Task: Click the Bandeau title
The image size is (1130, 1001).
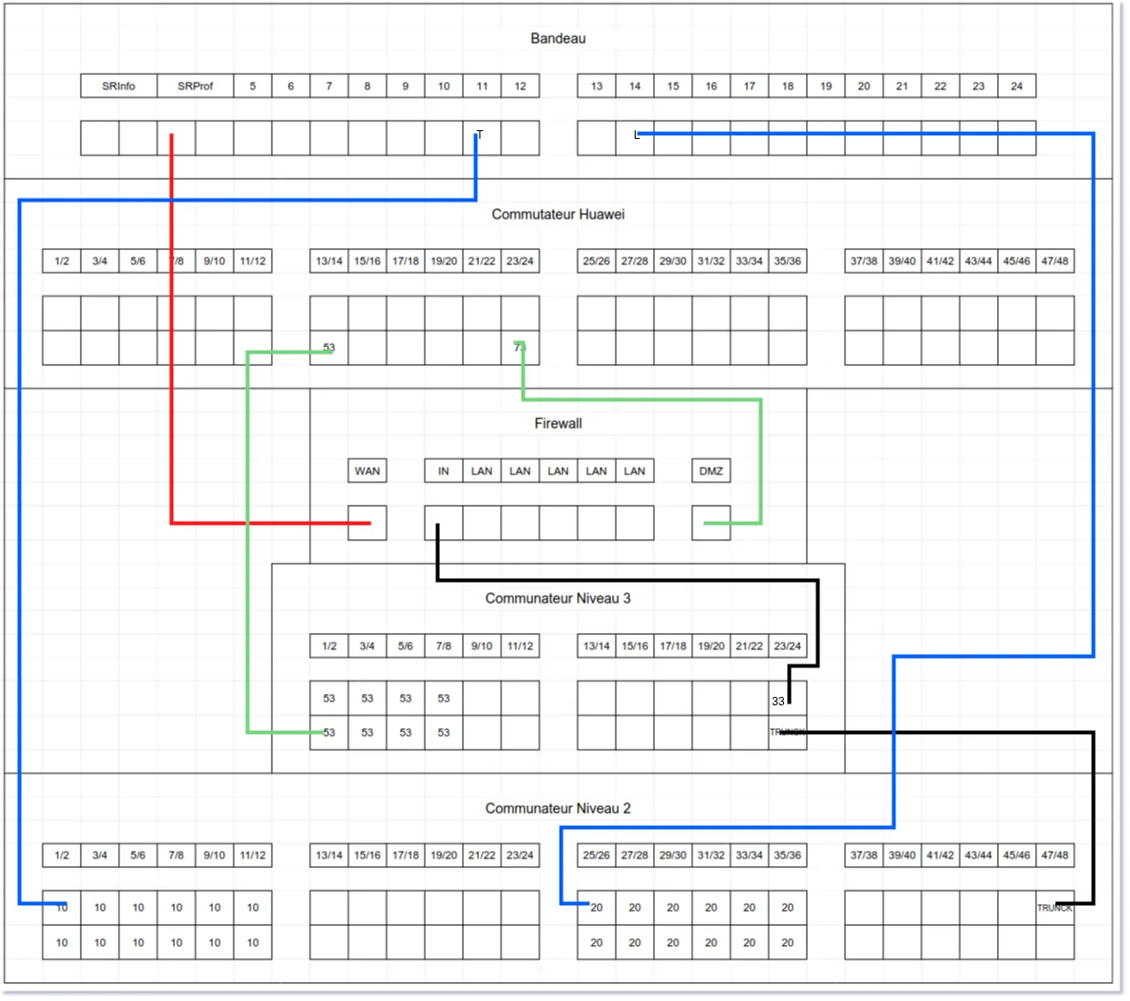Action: coord(558,39)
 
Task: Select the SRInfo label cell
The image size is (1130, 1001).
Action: coord(119,87)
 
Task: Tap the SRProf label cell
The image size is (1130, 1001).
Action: coord(196,87)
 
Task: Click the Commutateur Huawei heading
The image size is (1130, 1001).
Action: coord(558,215)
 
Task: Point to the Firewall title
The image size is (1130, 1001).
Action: coord(558,424)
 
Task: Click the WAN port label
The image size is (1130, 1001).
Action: coord(367,472)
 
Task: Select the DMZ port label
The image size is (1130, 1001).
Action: coord(711,472)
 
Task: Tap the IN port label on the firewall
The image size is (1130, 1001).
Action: coord(443,472)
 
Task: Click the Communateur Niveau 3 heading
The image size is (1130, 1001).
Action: coord(558,599)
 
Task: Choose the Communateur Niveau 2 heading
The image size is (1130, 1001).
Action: coord(558,809)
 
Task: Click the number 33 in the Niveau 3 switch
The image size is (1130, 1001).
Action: coord(778,702)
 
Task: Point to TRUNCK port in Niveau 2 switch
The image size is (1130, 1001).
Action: coord(1054,909)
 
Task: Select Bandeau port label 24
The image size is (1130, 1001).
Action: coord(1016,87)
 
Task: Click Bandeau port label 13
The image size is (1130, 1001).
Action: coord(596,87)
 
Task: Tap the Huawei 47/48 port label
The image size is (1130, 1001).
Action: coord(1054,261)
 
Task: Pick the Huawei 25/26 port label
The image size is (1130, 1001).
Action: coord(596,261)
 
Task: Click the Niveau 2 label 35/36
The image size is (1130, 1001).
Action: coord(787,856)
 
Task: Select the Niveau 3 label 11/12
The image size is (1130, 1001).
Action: coord(520,646)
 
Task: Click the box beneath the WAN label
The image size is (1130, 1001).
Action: coord(367,523)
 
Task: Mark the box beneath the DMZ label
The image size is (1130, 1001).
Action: coord(711,523)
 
